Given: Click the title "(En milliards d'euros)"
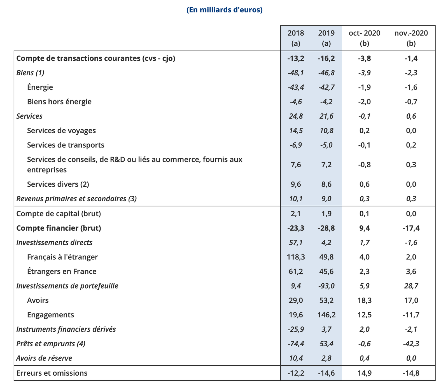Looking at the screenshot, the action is (225, 10).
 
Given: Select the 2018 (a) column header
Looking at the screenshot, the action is (296, 38).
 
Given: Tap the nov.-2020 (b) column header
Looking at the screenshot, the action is (411, 38).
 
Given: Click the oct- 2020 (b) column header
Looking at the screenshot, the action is (364, 38).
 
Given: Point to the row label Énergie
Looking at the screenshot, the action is (40, 87).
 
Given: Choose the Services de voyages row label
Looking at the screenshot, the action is (61, 130).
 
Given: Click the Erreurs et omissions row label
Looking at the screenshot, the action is (52, 373).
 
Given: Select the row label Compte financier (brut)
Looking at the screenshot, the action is (59, 228).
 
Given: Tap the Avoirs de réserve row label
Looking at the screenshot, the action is (44, 358).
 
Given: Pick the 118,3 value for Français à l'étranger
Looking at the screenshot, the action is (296, 257).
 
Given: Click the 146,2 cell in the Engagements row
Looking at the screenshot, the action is (326, 315).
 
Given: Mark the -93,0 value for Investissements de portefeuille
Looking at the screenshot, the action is (326, 286).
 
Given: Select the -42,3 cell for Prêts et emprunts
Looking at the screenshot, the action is (411, 343).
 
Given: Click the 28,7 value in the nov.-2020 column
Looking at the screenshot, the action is (411, 286).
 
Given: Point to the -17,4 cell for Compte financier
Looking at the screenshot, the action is (411, 228).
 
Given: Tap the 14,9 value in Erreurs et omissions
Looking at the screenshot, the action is (364, 373).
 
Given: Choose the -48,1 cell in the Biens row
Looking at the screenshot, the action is (296, 73).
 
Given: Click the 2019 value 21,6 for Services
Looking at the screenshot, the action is (326, 116).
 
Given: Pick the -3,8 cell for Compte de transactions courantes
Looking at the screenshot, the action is (364, 58).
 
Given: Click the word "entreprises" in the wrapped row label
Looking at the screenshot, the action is (47, 170).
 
